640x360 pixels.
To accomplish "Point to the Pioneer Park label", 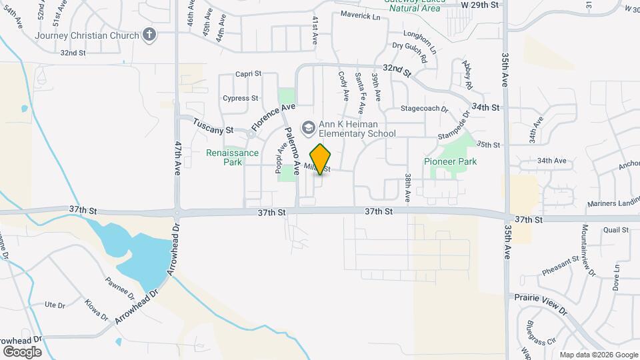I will (451, 161).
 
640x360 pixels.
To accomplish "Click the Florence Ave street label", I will (273, 117).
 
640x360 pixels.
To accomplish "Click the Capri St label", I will (249, 74).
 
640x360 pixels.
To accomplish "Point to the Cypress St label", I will (240, 98).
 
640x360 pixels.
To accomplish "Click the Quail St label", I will (615, 230).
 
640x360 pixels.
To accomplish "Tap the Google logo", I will (22, 351).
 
